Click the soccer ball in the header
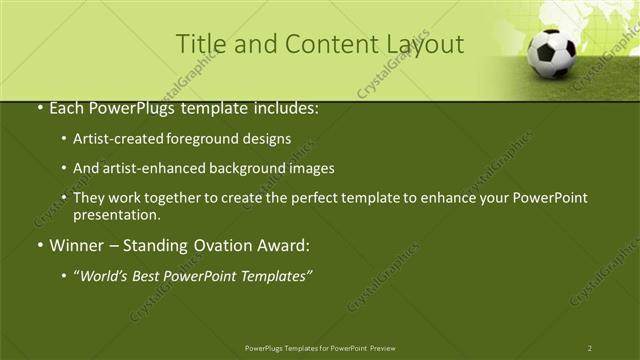553,54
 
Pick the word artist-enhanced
149,168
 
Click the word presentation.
116,214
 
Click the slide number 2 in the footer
589,348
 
